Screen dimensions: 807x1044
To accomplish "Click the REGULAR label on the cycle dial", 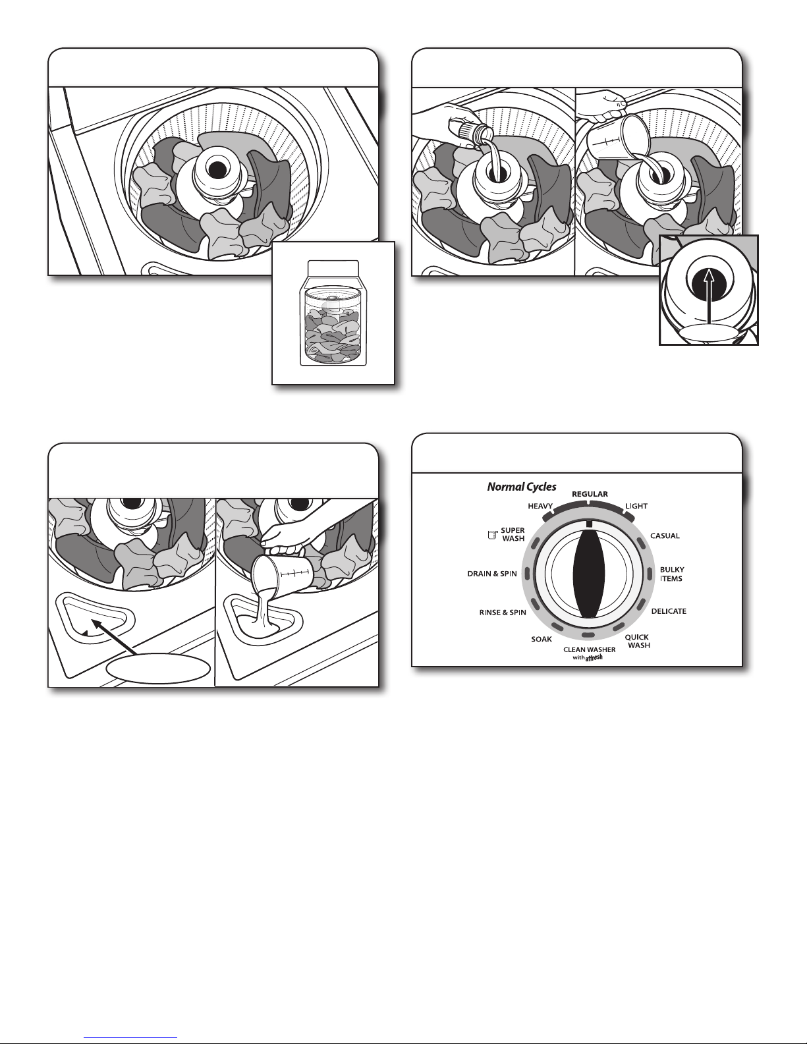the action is (x=590, y=494).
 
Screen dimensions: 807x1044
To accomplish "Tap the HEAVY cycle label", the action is (x=540, y=506).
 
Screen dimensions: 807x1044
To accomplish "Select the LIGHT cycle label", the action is (x=636, y=506).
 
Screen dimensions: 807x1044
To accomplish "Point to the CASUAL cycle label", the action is (x=665, y=536).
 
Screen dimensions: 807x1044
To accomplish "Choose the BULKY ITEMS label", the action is (x=671, y=574).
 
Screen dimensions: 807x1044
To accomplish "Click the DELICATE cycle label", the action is (x=669, y=611).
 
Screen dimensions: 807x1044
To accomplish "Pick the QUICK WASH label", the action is (x=638, y=641).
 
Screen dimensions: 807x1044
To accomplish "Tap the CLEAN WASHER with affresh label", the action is (x=589, y=653).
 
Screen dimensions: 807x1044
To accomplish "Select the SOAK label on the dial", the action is (x=542, y=639).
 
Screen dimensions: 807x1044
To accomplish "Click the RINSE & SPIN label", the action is (x=503, y=613).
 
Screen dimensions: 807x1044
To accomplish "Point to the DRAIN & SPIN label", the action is (x=492, y=574).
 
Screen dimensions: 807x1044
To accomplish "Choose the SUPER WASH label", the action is (x=513, y=534).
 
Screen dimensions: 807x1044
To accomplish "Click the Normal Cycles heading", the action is (x=522, y=487).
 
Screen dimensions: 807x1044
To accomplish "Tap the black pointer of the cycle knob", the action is (x=589, y=574).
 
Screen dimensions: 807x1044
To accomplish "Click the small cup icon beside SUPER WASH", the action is (x=492, y=535).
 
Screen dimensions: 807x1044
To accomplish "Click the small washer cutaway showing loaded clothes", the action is (x=333, y=314).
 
